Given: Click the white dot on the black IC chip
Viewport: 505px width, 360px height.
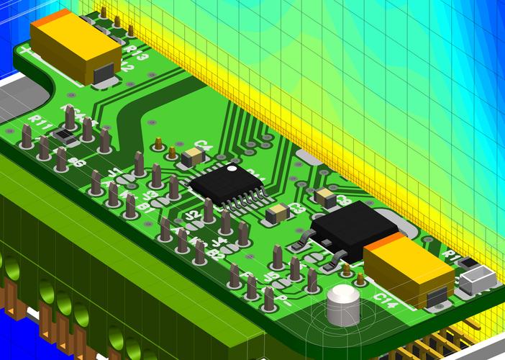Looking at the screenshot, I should click(x=232, y=169).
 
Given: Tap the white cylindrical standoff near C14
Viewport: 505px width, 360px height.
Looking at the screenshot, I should click(x=342, y=305).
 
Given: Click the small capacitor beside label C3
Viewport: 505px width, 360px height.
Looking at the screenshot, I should click(x=277, y=214).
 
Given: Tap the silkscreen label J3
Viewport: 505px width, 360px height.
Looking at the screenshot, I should click(x=150, y=194).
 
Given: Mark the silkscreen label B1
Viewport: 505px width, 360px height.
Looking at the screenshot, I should click(x=144, y=208).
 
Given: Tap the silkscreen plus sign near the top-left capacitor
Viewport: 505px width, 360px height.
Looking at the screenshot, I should click(x=27, y=50).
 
